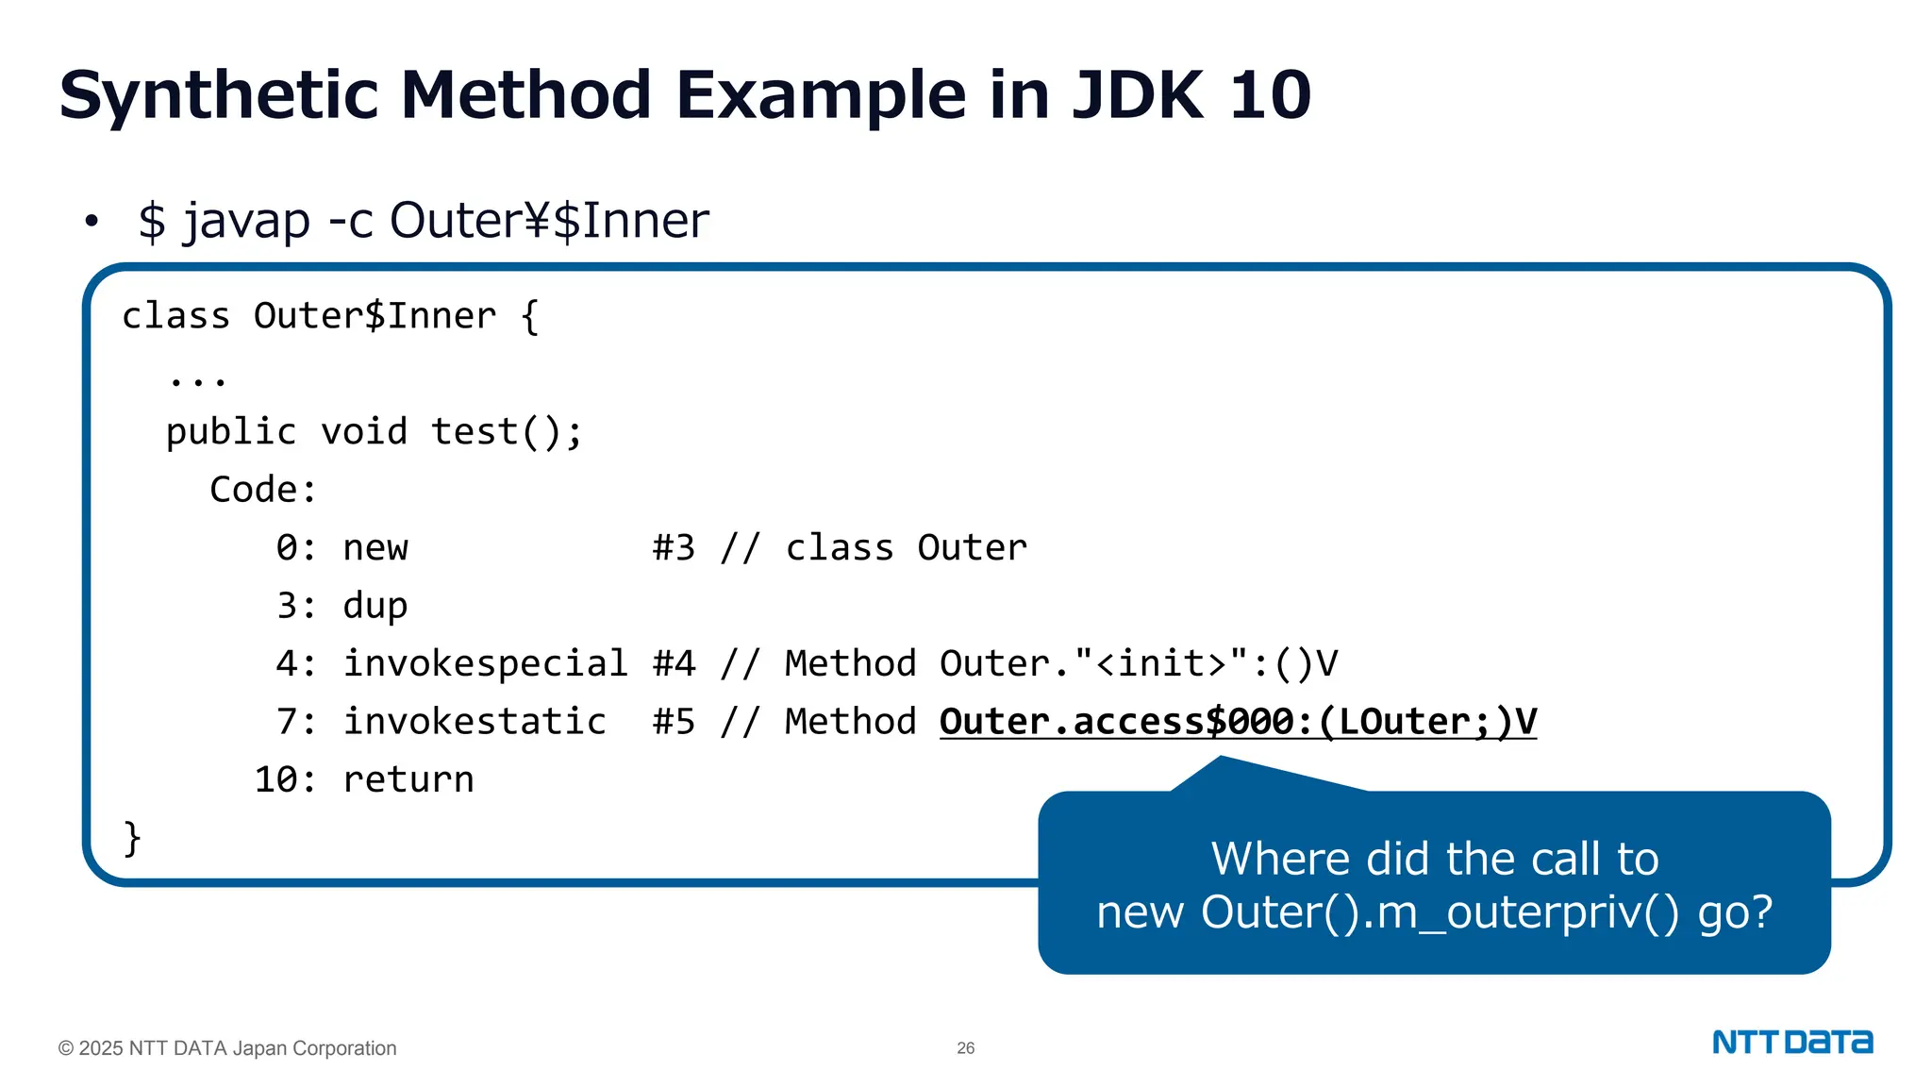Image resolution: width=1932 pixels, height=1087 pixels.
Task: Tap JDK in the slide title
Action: pos(1137,96)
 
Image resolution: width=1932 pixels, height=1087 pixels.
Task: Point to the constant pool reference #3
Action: pos(674,548)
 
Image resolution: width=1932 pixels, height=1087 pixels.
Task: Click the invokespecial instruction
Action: pos(485,664)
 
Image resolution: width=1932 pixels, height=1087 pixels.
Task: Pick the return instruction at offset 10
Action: pos(408,780)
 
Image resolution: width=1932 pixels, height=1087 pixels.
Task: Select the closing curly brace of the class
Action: pos(132,838)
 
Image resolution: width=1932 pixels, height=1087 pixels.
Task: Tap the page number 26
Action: pos(965,1048)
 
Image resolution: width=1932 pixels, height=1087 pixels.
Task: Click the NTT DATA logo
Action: pos(1792,1043)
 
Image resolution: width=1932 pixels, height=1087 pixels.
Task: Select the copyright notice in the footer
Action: pos(227,1048)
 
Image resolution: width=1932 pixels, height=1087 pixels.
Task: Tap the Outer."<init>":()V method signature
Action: pos(1139,664)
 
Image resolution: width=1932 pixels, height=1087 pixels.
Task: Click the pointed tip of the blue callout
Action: pos(1221,761)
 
